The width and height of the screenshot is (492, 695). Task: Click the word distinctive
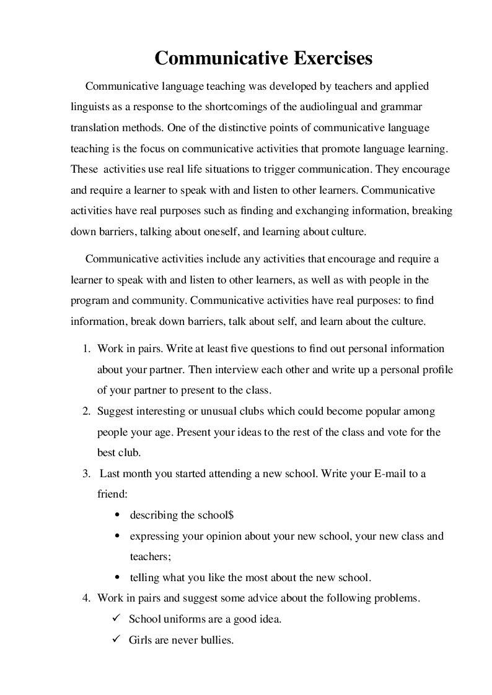(245, 127)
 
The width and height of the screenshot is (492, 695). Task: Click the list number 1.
(87, 348)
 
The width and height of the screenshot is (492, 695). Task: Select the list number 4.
(87, 598)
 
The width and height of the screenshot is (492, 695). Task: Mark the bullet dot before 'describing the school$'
(117, 516)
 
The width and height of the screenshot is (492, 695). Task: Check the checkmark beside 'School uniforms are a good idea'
(116, 618)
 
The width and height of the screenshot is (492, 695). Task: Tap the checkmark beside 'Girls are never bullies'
(116, 639)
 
